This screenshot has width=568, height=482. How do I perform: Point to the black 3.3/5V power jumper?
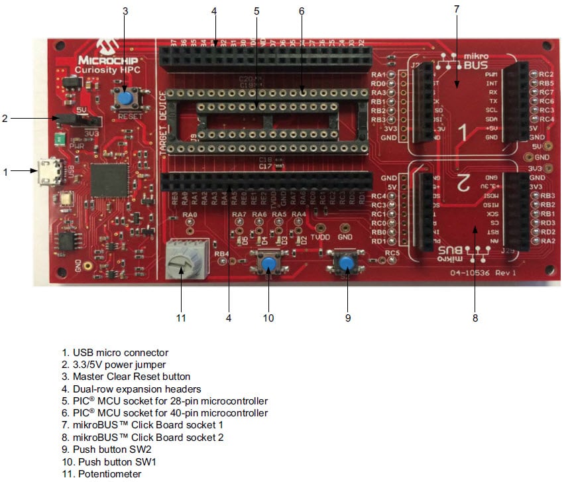coord(78,120)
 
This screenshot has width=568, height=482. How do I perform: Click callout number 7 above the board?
coord(456,9)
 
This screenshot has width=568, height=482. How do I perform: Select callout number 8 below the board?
coord(475,318)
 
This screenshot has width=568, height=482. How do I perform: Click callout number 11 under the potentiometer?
coord(181,318)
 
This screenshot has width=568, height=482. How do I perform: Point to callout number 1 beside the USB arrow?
coord(5,172)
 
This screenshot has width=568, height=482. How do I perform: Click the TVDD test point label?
coord(319,237)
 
